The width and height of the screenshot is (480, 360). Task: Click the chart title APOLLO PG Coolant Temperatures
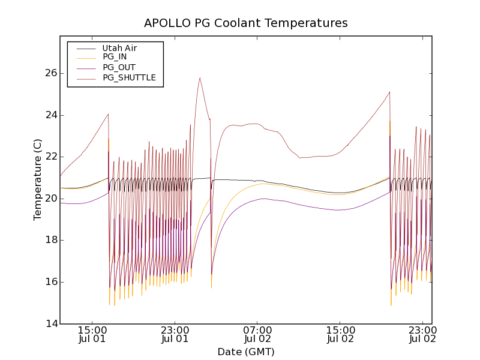[x=246, y=23]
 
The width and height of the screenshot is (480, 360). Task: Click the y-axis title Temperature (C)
[x=38, y=179]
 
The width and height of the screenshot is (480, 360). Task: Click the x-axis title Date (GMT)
[x=246, y=352]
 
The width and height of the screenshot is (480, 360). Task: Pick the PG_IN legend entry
[x=115, y=57]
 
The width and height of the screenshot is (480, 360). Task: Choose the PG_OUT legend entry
[x=119, y=67]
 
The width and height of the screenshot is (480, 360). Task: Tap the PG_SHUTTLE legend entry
[x=129, y=77]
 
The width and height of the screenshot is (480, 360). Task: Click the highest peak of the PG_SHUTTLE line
[x=200, y=77]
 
